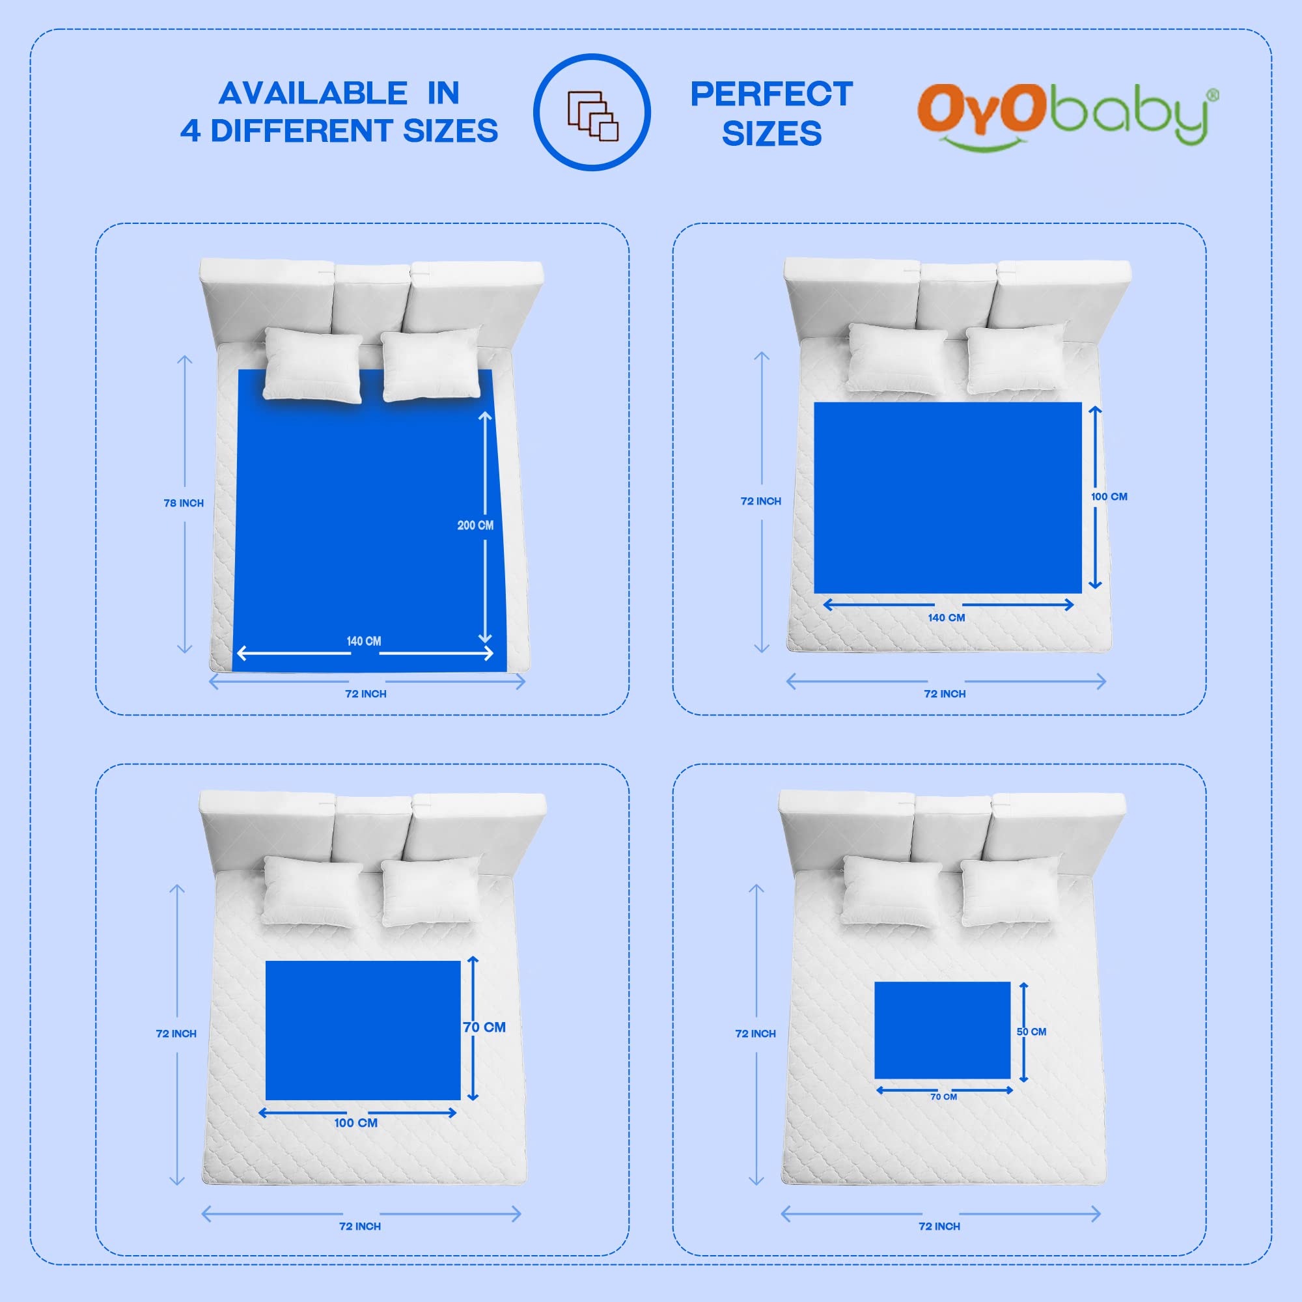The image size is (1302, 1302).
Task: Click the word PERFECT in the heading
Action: (x=771, y=94)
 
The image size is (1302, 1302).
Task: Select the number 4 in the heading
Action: (x=190, y=131)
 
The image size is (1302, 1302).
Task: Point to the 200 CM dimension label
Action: (x=475, y=525)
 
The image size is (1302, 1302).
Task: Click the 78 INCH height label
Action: (x=184, y=503)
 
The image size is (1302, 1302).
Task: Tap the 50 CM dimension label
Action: (x=1031, y=1032)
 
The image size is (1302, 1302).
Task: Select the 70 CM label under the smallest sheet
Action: (x=943, y=1096)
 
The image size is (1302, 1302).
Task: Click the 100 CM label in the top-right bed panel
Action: (x=1109, y=497)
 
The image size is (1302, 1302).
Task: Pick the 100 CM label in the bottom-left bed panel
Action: (x=356, y=1123)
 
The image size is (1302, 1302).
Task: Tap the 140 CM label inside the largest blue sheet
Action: (x=364, y=641)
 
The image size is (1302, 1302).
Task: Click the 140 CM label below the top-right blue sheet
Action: (x=946, y=617)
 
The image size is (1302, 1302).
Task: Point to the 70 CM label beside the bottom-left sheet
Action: (x=484, y=1027)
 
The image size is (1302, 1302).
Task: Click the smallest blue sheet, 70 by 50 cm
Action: (x=942, y=1030)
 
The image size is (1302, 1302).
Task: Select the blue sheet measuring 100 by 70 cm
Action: (x=363, y=1031)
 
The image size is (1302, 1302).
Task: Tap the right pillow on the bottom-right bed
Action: (x=1010, y=891)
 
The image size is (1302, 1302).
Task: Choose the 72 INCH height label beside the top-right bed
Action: (x=761, y=501)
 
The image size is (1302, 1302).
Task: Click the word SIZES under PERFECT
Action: (x=771, y=133)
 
